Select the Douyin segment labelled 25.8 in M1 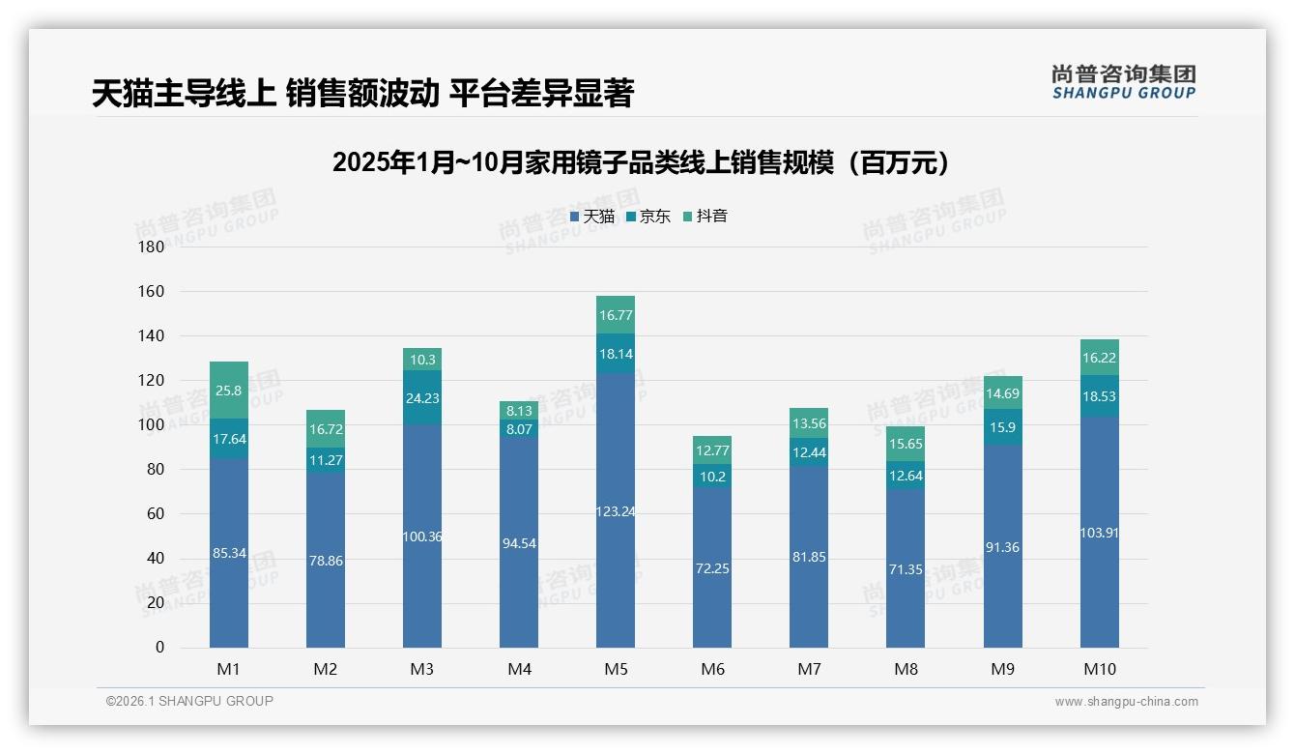coord(229,390)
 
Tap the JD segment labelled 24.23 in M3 coord(422,397)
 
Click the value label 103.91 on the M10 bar coord(1099,533)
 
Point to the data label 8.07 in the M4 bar coord(519,428)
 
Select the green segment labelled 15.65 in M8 coord(906,444)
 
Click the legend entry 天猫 coord(598,217)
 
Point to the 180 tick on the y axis coord(152,246)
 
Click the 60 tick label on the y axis coord(156,513)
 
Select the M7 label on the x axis coord(809,669)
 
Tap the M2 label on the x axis coord(326,669)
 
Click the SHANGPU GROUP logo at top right coord(1123,82)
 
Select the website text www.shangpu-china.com coord(1126,702)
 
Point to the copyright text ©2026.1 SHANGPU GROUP coord(189,701)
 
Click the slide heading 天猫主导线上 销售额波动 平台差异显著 coord(362,94)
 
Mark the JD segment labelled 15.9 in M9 coord(1002,427)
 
